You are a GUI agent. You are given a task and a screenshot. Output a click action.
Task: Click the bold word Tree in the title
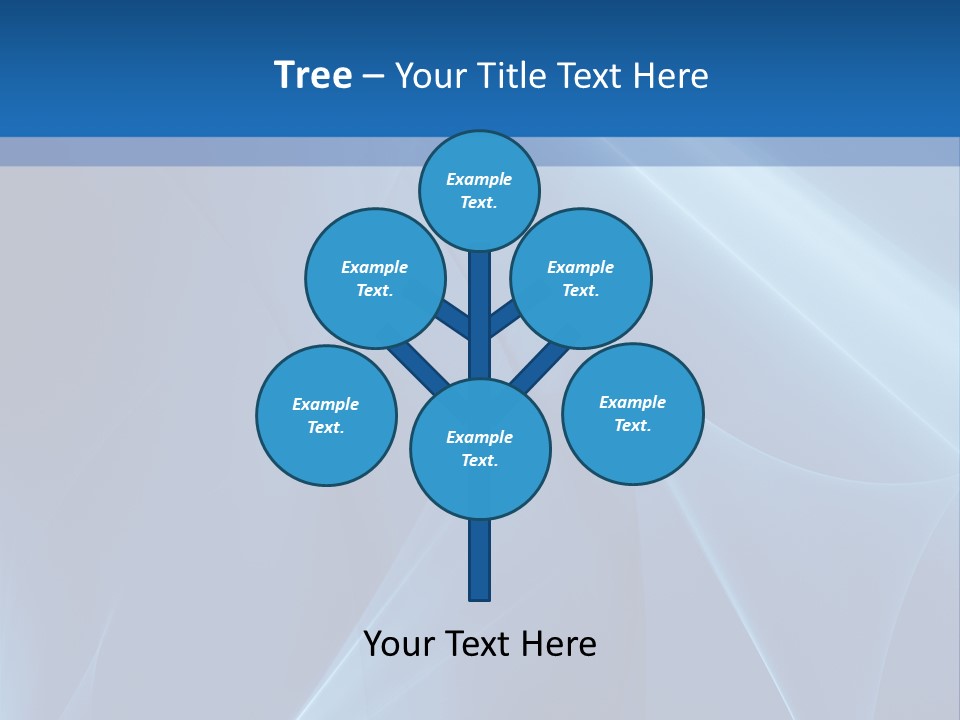[313, 75]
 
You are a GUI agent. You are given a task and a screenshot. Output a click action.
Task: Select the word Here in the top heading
[672, 75]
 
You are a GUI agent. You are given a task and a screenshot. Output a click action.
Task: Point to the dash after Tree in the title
[373, 76]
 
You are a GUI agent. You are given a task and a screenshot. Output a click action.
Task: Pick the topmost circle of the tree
[479, 190]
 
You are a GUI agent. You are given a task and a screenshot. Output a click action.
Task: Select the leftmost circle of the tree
[326, 415]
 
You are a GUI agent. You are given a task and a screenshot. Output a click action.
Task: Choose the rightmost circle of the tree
[633, 413]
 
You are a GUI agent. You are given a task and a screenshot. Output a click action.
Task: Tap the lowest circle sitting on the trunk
[480, 449]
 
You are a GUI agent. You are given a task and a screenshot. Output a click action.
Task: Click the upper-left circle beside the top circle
[375, 278]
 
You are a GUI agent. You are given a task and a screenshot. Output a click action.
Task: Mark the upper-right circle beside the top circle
[581, 278]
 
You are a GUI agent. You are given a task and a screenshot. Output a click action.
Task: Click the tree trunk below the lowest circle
[480, 560]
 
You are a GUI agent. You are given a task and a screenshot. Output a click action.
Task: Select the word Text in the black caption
[479, 643]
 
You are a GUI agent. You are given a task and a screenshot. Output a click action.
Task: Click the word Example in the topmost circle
[479, 179]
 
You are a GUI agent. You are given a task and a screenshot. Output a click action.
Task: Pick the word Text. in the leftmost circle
[326, 427]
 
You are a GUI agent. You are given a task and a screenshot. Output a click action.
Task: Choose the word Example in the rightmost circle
[632, 402]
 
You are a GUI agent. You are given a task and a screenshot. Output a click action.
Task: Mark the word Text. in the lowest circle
[480, 460]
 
